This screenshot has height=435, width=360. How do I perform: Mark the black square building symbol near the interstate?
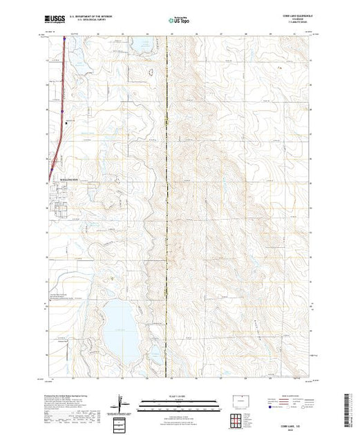(x=66, y=123)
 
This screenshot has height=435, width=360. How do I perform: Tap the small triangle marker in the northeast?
(x=280, y=68)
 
